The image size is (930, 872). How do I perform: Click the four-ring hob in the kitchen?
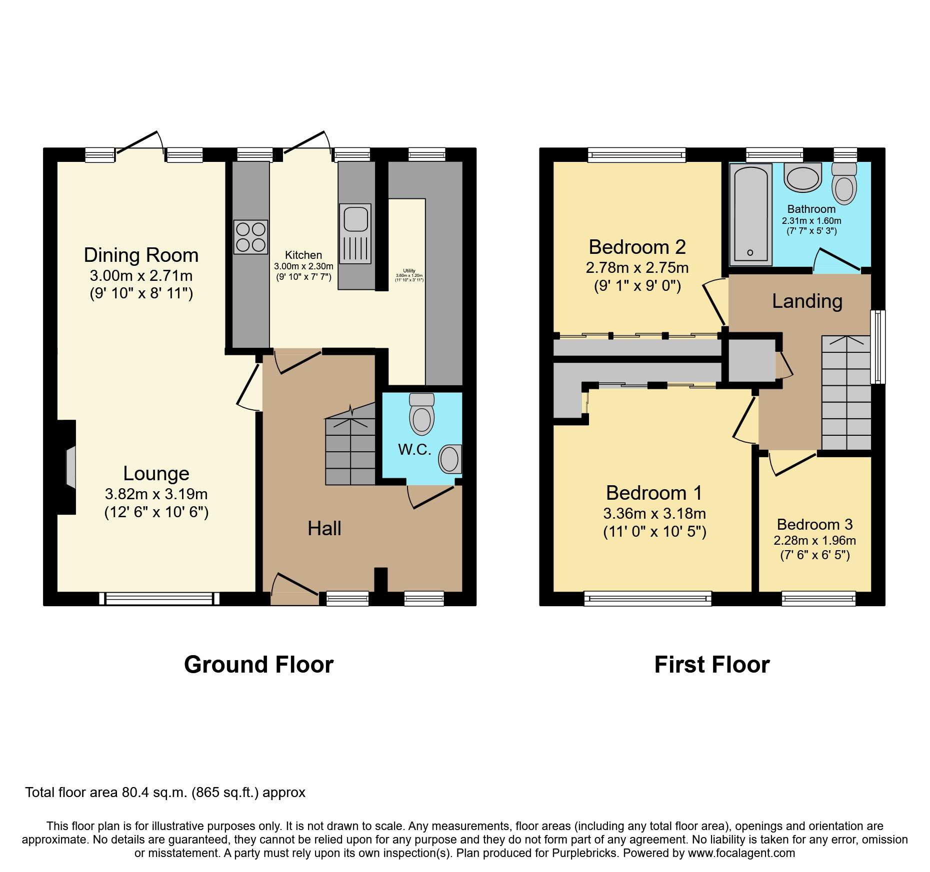point(250,237)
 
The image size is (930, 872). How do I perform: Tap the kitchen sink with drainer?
point(355,233)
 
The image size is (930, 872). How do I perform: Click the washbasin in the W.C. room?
point(449,459)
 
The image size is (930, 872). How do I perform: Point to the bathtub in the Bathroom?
point(750,214)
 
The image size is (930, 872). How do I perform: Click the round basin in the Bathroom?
point(802,177)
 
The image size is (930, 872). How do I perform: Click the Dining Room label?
point(141,255)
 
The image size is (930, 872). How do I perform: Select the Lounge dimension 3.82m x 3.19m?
point(156,494)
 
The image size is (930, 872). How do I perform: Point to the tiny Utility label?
point(409,271)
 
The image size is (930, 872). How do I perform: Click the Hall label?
point(324,529)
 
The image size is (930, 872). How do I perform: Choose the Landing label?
point(807,301)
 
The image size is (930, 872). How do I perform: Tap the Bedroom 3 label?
point(814,525)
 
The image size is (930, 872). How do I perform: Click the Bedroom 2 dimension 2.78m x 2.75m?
point(637,268)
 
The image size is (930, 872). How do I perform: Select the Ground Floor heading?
point(258,665)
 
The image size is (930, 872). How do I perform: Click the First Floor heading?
point(711,665)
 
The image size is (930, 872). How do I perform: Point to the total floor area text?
point(165,793)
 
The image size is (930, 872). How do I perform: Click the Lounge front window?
point(159,598)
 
